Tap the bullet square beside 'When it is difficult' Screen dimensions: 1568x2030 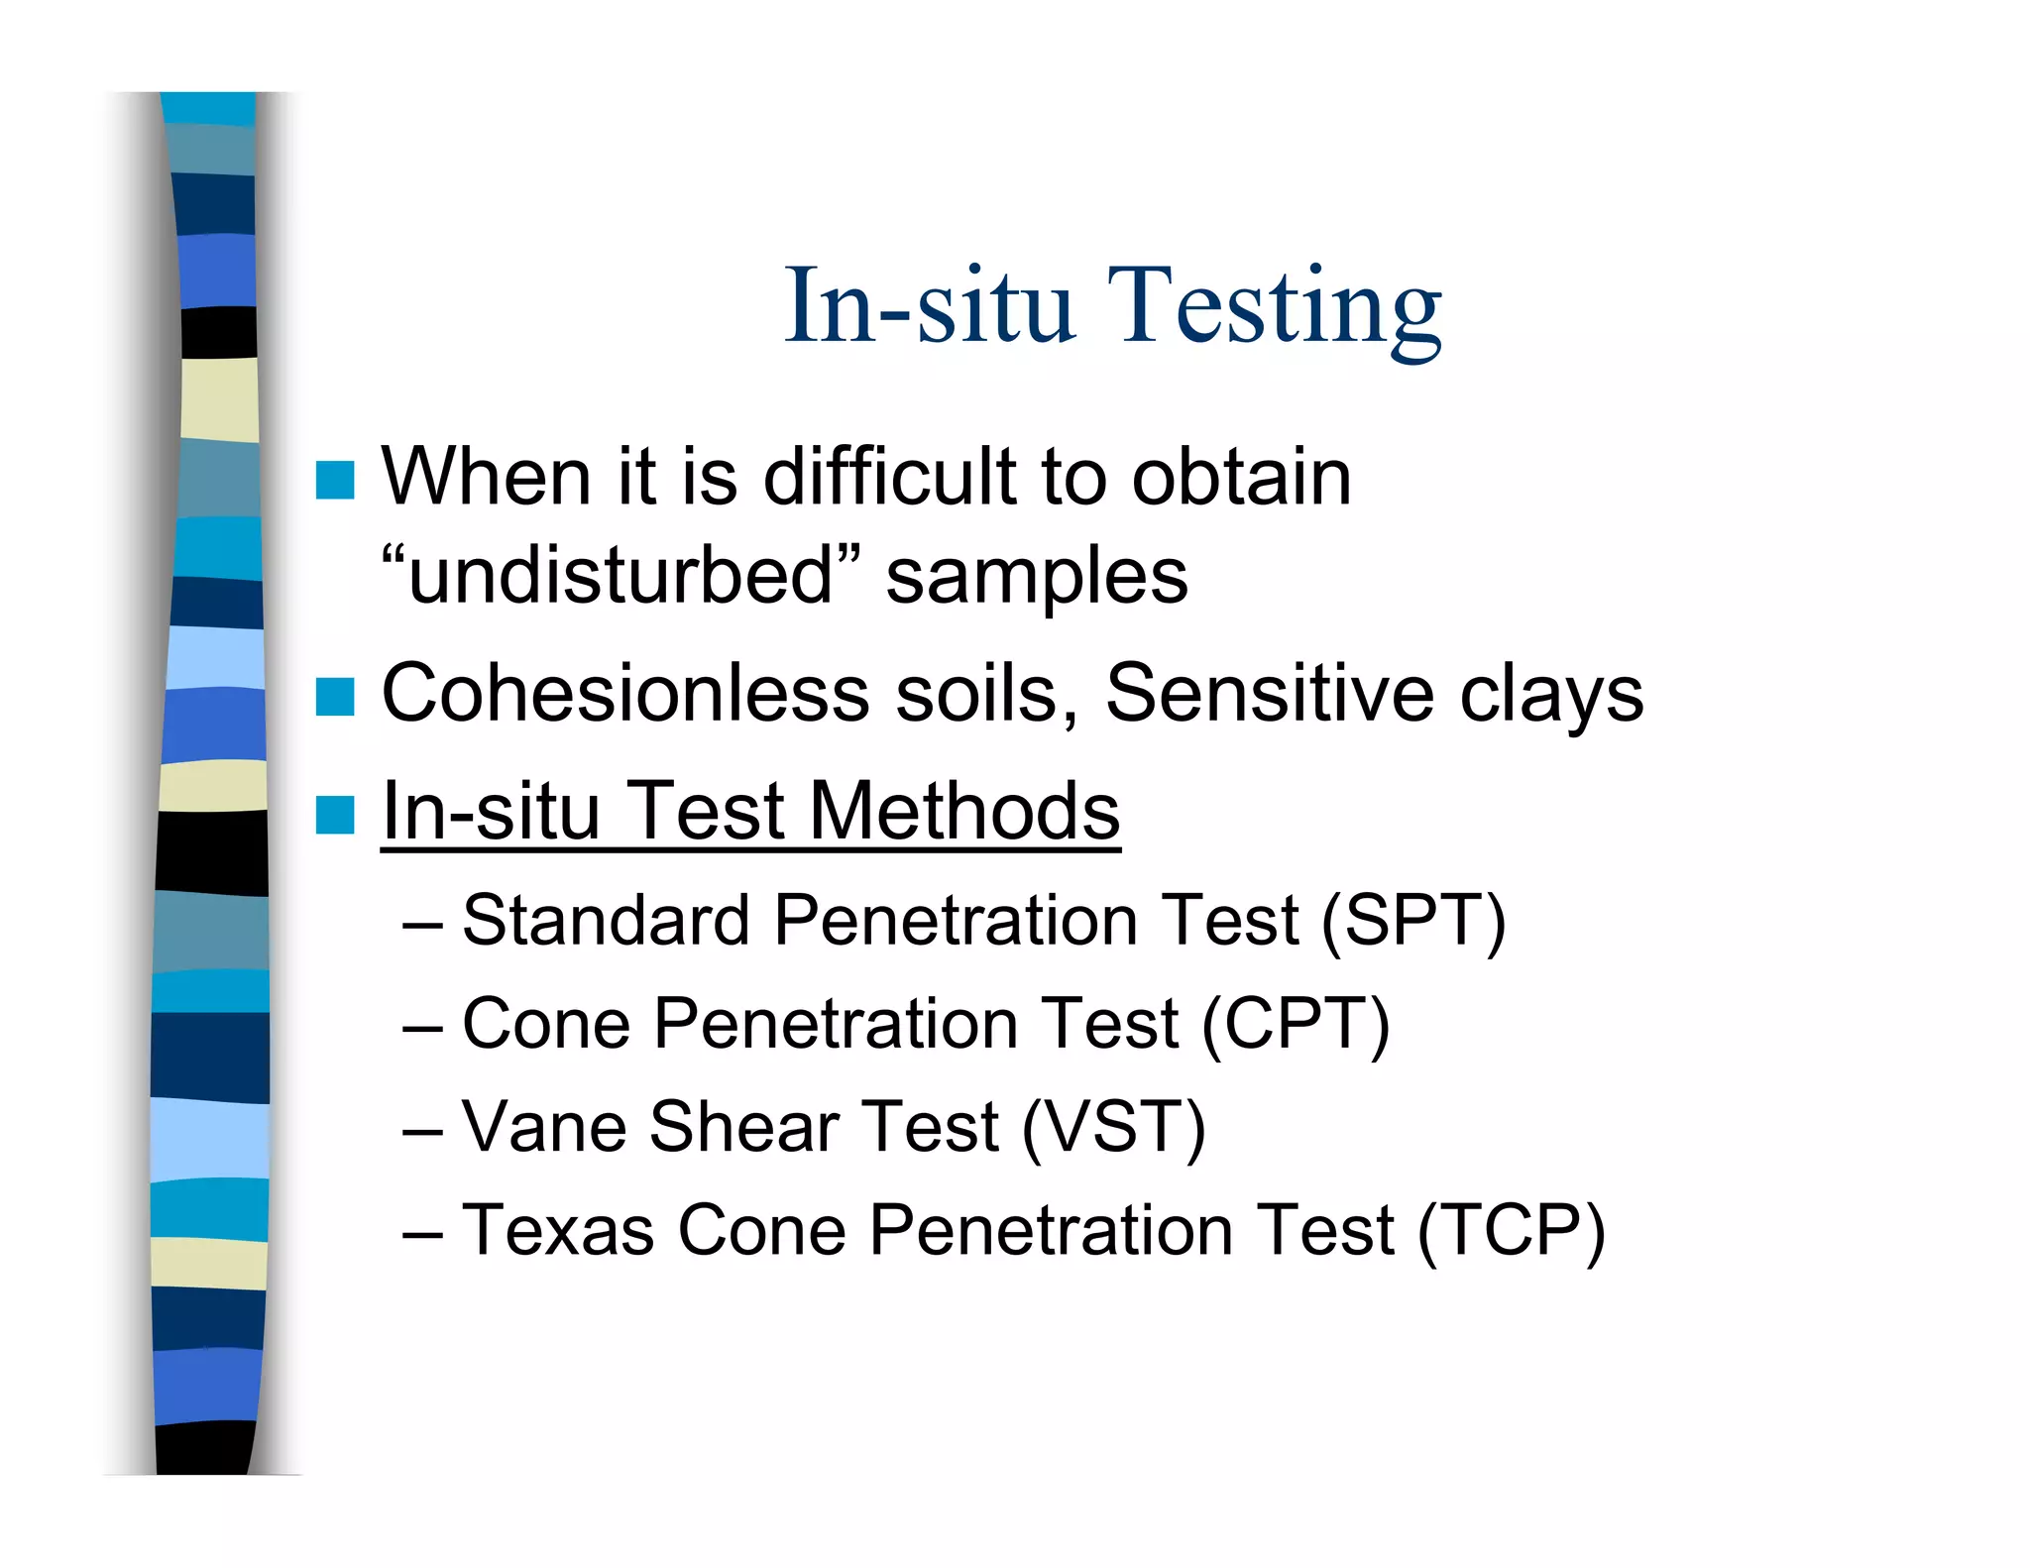pos(335,481)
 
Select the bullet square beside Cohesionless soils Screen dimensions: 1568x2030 pos(335,697)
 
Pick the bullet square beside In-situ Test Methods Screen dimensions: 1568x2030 pos(335,815)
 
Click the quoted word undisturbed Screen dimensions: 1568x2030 pos(620,576)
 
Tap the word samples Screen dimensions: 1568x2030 pos(1036,578)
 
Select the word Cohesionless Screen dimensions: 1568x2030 pos(624,694)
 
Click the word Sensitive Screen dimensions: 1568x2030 pos(1269,694)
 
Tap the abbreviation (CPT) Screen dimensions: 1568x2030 pos(1296,1025)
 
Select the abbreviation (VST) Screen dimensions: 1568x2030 pos(1113,1128)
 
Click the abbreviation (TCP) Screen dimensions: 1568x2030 pos(1511,1231)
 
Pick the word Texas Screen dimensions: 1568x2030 pos(557,1231)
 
